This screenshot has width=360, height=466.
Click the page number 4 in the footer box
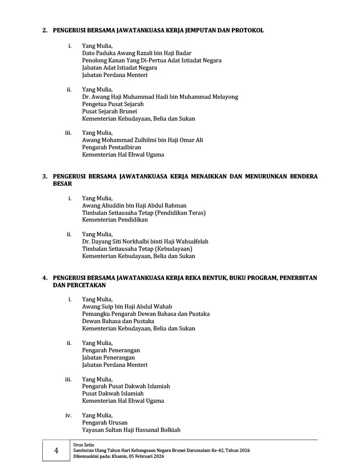(56, 451)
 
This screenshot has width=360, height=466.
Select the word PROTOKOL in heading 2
(248, 30)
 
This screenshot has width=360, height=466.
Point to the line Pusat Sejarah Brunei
(109, 111)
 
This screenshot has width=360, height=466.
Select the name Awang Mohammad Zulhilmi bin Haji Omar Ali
(142, 140)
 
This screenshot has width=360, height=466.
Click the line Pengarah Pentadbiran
(112, 147)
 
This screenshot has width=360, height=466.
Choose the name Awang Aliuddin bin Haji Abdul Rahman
(134, 205)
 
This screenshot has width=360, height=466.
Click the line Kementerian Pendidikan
(115, 220)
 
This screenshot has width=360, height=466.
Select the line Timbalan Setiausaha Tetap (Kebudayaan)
(137, 249)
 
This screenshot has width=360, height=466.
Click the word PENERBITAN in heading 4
(298, 278)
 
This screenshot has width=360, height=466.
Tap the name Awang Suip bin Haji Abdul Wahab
(127, 307)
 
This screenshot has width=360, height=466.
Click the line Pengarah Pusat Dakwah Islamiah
(126, 386)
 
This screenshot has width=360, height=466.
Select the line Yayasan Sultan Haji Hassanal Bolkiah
(132, 430)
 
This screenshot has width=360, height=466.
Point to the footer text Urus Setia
(81, 444)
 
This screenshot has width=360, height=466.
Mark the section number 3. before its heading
(45, 177)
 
